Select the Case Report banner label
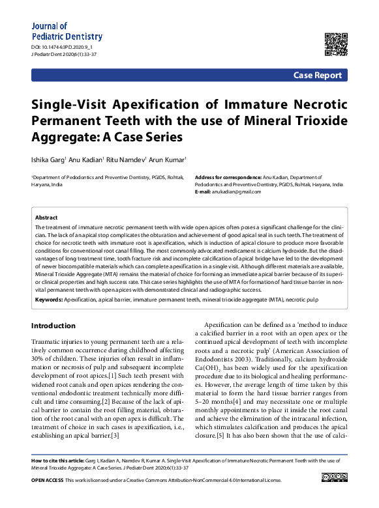point(317,76)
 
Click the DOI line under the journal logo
point(62,48)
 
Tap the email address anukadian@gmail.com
point(234,191)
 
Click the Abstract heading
point(46,218)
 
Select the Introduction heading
point(53,326)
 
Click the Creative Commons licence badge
point(334,478)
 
